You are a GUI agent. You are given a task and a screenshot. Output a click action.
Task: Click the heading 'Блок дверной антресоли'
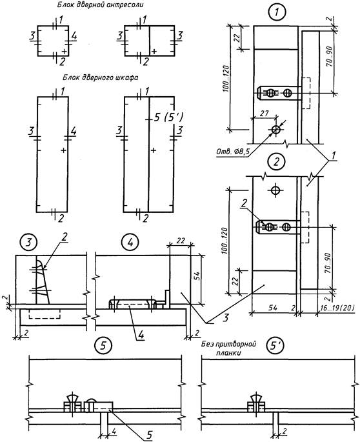[100, 5]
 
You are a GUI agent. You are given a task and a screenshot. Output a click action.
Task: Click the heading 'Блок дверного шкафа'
[101, 77]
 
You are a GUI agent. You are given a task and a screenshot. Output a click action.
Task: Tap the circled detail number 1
[277, 12]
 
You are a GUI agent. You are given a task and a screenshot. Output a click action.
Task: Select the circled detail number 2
[277, 161]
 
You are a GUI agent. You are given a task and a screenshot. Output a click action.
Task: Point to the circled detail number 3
[28, 242]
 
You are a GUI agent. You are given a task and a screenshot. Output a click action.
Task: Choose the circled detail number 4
[130, 242]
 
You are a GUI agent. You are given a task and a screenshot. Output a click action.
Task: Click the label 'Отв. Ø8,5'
[233, 152]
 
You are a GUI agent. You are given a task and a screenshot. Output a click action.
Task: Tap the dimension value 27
[264, 114]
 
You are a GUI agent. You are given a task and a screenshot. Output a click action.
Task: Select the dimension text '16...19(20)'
[337, 308]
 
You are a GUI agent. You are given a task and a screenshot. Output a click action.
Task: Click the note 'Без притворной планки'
[228, 348]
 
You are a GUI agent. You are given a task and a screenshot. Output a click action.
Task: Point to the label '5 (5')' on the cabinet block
[168, 117]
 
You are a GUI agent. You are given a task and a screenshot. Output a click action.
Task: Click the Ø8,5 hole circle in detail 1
[275, 130]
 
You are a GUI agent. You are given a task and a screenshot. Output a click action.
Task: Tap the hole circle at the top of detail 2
[275, 190]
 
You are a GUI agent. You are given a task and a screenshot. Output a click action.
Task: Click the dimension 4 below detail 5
[114, 431]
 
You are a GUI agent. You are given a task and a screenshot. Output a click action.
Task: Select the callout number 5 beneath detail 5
[149, 436]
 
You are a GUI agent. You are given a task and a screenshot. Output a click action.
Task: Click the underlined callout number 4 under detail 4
[141, 335]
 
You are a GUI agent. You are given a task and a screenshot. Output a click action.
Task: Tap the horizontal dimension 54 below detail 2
[273, 308]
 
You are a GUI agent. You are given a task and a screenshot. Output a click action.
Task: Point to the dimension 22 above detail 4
[181, 241]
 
